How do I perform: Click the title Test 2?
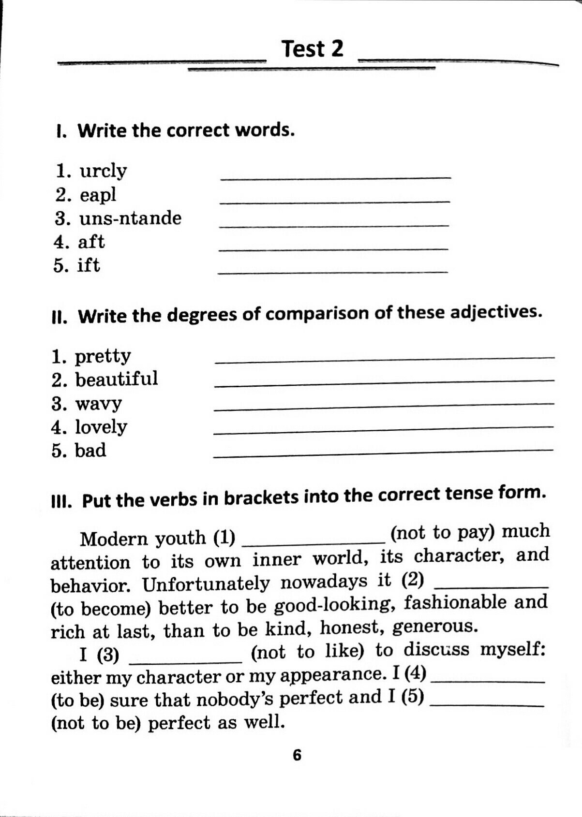(312, 49)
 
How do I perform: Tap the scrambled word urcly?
(103, 171)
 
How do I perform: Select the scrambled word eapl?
(98, 195)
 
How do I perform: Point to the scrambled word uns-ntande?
(130, 218)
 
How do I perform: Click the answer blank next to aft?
(333, 248)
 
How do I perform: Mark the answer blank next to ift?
(333, 272)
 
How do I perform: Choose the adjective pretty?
(103, 357)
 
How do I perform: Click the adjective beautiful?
(117, 379)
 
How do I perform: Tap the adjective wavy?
(99, 403)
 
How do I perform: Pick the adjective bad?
(90, 451)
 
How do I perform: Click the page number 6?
(297, 755)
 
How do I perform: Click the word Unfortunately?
(206, 584)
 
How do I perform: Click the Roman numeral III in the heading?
(61, 502)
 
